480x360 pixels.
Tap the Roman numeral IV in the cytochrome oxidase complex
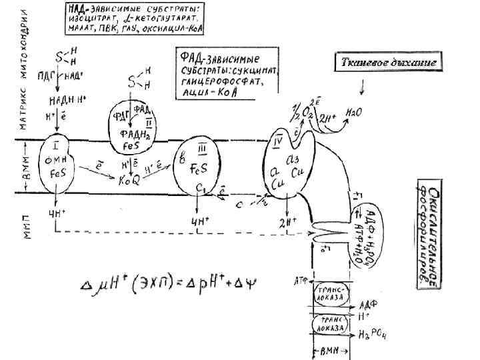click(x=279, y=141)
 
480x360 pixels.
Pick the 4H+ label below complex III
click(x=199, y=221)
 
